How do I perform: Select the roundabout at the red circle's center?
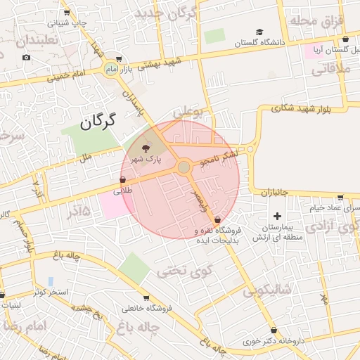pos(184,167)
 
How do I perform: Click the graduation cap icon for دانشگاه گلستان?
pos(259,32)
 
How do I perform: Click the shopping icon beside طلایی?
pos(124,180)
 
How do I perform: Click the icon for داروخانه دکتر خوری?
pos(274,330)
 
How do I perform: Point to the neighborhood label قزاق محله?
pos(321,20)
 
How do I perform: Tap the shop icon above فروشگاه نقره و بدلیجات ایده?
pos(216,220)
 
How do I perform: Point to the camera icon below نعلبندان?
pos(27,57)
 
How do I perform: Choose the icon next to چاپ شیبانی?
pos(67,13)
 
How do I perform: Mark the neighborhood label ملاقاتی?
pos(326,69)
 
